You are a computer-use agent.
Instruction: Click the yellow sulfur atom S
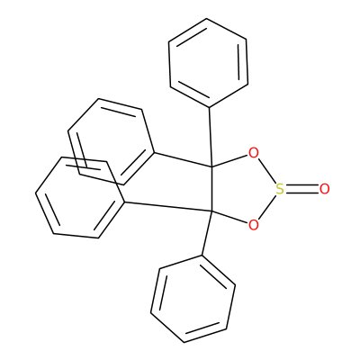pos(280,189)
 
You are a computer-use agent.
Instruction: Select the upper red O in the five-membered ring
pos(254,153)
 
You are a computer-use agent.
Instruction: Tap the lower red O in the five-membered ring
pos(254,225)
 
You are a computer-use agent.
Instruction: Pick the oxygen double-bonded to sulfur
pos(325,189)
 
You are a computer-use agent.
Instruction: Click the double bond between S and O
pos(301,189)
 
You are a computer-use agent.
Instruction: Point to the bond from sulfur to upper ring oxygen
pos(266,171)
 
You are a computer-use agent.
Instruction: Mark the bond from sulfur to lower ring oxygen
pos(266,207)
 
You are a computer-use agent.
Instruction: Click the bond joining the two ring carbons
pos(211,189)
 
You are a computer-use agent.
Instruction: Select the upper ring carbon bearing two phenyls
pos(211,166)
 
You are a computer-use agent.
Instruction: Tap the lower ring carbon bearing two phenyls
pos(211,211)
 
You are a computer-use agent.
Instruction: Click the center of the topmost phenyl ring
pos(208,62)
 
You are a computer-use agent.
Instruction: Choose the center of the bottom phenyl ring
pos(193,299)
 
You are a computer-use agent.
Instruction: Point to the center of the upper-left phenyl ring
pos(111,141)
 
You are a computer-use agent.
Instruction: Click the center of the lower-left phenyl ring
pos(80,198)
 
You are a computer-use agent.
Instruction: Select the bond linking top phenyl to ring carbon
pos(211,137)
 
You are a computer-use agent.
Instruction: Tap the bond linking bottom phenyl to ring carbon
pos(207,234)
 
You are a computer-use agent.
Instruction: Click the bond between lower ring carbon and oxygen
pos(229,218)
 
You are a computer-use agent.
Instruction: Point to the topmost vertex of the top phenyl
pos(206,19)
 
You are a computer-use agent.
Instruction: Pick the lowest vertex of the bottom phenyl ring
pos(184,342)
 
